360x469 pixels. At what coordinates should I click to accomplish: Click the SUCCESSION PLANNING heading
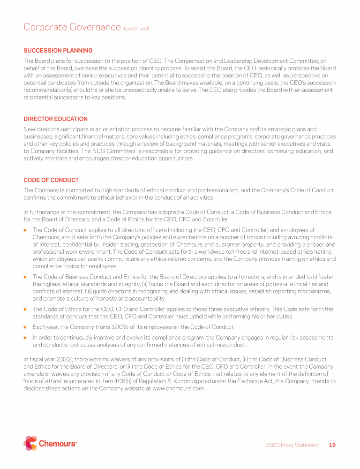[x=58, y=51]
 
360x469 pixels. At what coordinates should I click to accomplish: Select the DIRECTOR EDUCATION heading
[x=55, y=119]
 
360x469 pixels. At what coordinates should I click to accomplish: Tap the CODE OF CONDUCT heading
[x=51, y=180]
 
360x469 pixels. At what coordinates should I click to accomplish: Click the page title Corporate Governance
[x=72, y=27]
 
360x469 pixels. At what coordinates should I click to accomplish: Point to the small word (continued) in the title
[x=136, y=29]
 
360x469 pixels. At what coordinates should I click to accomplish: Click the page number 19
[x=332, y=445]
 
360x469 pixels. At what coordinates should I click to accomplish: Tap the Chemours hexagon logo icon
[x=30, y=443]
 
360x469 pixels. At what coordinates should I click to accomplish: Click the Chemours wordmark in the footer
[x=57, y=444]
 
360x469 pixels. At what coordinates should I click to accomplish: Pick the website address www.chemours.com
[x=178, y=388]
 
